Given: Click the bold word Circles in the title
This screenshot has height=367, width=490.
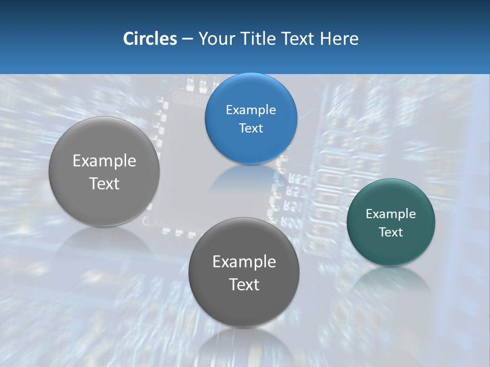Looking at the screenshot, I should pyautogui.click(x=150, y=39).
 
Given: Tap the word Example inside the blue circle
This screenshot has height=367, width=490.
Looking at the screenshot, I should pyautogui.click(x=251, y=110).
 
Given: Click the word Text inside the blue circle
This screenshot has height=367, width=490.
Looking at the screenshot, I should pyautogui.click(x=251, y=128).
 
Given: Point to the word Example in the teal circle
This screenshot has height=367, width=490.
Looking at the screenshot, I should pyautogui.click(x=391, y=214).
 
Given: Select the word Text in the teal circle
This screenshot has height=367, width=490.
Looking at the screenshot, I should pyautogui.click(x=391, y=232).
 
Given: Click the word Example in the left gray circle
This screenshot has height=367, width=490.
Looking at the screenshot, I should pyautogui.click(x=104, y=161).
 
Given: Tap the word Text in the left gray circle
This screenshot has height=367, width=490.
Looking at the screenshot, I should pyautogui.click(x=104, y=183).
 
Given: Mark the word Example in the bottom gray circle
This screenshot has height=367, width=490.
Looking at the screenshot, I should pyautogui.click(x=244, y=262).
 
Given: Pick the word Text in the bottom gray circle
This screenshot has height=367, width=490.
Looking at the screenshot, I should pyautogui.click(x=244, y=284).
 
